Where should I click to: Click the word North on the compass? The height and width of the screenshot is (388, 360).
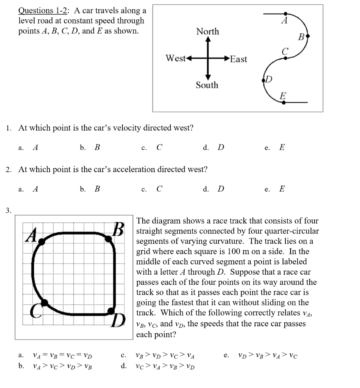207,31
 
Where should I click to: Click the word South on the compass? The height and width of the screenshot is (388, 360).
207,85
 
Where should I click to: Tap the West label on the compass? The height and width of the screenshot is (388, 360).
175,58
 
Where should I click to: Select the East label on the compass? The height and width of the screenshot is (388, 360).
238,59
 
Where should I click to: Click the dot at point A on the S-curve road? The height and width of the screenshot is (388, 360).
285,14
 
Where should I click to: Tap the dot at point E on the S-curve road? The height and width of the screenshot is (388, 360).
284,102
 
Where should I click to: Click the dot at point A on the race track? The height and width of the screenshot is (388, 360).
42,241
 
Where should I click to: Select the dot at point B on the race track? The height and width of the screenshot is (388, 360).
109,238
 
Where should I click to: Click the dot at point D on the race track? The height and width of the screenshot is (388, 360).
111,311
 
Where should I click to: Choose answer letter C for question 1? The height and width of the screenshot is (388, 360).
159,147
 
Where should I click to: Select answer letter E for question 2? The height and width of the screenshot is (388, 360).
282,189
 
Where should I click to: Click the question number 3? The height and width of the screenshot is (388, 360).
8,210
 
